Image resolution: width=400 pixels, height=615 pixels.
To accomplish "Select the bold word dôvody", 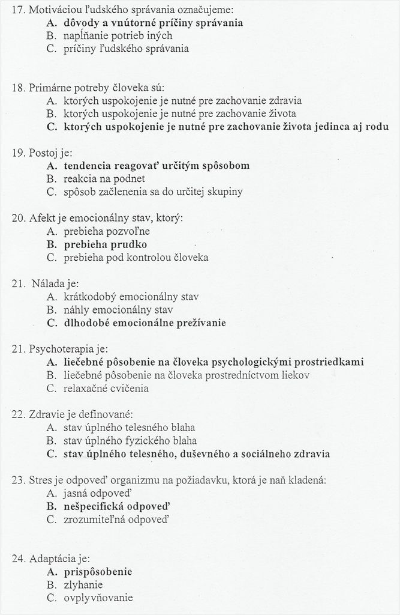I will (82, 23).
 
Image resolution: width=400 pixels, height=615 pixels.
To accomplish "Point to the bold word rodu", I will (375, 126).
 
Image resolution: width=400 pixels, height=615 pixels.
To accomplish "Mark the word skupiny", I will (222, 192).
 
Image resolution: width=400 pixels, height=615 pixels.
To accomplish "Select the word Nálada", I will (50, 283).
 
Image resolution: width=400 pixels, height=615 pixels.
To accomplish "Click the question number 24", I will (19, 558).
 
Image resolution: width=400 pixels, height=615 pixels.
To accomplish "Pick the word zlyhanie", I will (83, 584).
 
